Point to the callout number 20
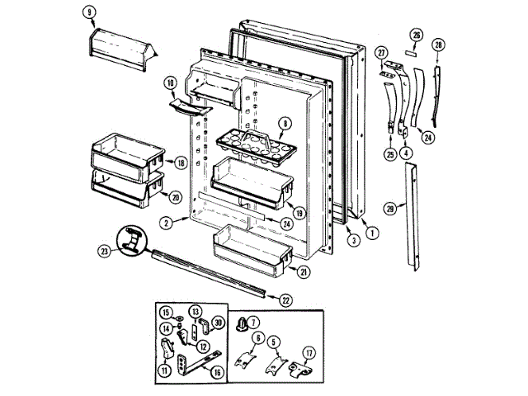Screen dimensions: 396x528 pos(175,197)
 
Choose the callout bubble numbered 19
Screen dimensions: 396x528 pos(299,212)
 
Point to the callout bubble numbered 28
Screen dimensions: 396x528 pos(438,44)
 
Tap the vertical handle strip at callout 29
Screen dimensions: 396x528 pos(412,219)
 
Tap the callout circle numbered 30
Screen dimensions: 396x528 pos(219,322)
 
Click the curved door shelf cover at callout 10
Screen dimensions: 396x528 pos(182,103)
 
